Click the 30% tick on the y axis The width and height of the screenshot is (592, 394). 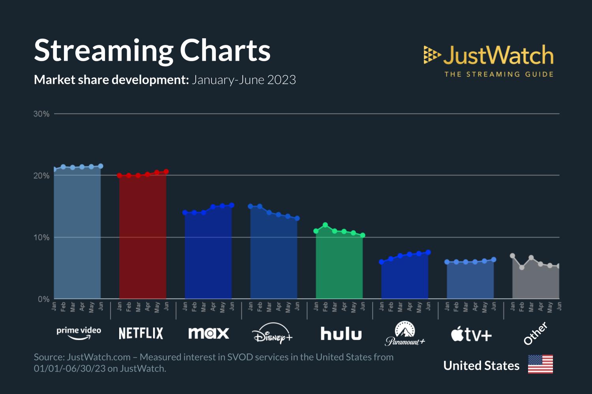coord(41,114)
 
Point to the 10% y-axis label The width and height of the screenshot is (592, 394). coord(41,238)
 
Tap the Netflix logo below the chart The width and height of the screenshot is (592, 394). coord(141,333)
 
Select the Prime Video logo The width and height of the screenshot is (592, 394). coord(79,333)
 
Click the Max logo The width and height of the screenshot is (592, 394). coord(208,333)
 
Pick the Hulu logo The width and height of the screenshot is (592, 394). coord(341,334)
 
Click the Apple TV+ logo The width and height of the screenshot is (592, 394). coord(471,335)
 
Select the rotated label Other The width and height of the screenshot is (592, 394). coord(536,333)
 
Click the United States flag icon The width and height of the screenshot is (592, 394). coord(540,364)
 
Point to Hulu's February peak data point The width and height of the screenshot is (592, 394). coord(325,225)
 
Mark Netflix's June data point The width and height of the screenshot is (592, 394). coord(166,171)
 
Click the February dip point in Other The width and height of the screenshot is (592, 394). coord(522,267)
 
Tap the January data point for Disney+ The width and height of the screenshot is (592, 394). coord(250,206)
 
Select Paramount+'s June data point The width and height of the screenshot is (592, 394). coord(428,252)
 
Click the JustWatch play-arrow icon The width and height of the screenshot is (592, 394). coord(432,55)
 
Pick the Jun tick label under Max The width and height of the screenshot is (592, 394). coord(232,306)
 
